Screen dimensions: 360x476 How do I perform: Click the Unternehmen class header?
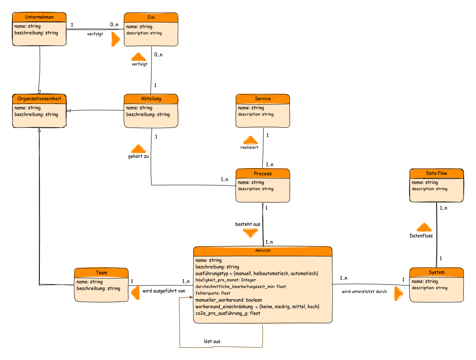point(39,17)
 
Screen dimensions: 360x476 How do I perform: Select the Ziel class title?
point(151,17)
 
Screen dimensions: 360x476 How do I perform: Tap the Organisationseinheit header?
point(39,99)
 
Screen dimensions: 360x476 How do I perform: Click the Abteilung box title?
point(151,99)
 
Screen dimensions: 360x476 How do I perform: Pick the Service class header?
point(263,99)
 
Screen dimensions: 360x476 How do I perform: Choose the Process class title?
point(263,173)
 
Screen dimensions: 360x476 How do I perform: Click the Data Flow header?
point(437,173)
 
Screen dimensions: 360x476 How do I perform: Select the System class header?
point(437,272)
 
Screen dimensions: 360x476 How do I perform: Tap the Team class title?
point(101,273)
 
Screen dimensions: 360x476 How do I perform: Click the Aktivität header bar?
point(263,251)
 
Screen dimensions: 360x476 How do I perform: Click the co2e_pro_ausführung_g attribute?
point(228,313)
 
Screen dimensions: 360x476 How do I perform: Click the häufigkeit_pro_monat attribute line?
point(226,280)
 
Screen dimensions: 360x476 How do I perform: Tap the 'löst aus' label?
point(212,341)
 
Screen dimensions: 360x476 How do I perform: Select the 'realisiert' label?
point(250,147)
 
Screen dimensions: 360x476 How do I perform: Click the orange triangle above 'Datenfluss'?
point(424,227)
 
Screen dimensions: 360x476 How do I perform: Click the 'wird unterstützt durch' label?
point(364,292)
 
